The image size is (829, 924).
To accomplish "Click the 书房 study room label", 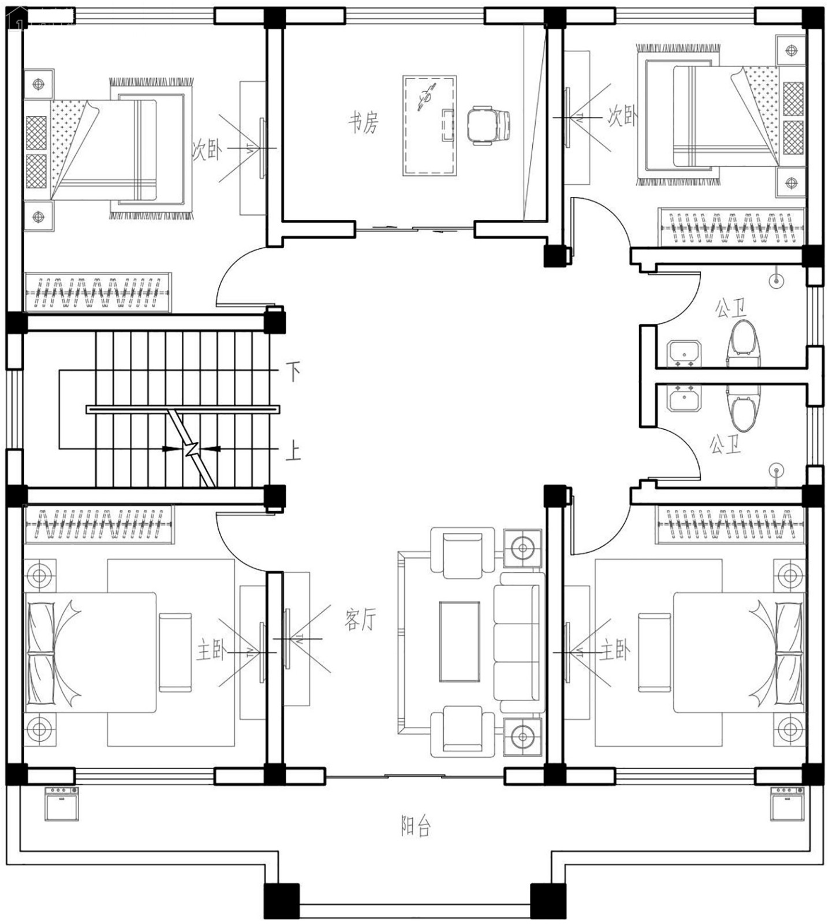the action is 364,122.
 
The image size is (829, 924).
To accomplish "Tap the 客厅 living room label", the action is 360,619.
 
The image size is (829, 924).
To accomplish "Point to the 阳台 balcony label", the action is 416,826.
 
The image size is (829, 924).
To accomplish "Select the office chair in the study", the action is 488,125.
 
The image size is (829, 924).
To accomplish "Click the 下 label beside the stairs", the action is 293,371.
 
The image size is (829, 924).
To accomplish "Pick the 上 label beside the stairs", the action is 293,450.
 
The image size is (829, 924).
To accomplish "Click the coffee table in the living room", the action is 460,642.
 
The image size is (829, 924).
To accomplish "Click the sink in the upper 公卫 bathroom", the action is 684,353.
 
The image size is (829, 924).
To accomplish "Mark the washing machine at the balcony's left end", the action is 62,803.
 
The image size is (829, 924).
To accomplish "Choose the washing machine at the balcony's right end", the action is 787,803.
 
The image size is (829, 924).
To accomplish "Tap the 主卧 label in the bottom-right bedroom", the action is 614,651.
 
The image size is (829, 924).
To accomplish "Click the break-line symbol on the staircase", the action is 193,448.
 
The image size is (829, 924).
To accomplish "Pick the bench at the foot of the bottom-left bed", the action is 175,653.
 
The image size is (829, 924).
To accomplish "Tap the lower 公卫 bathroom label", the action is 725,445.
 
